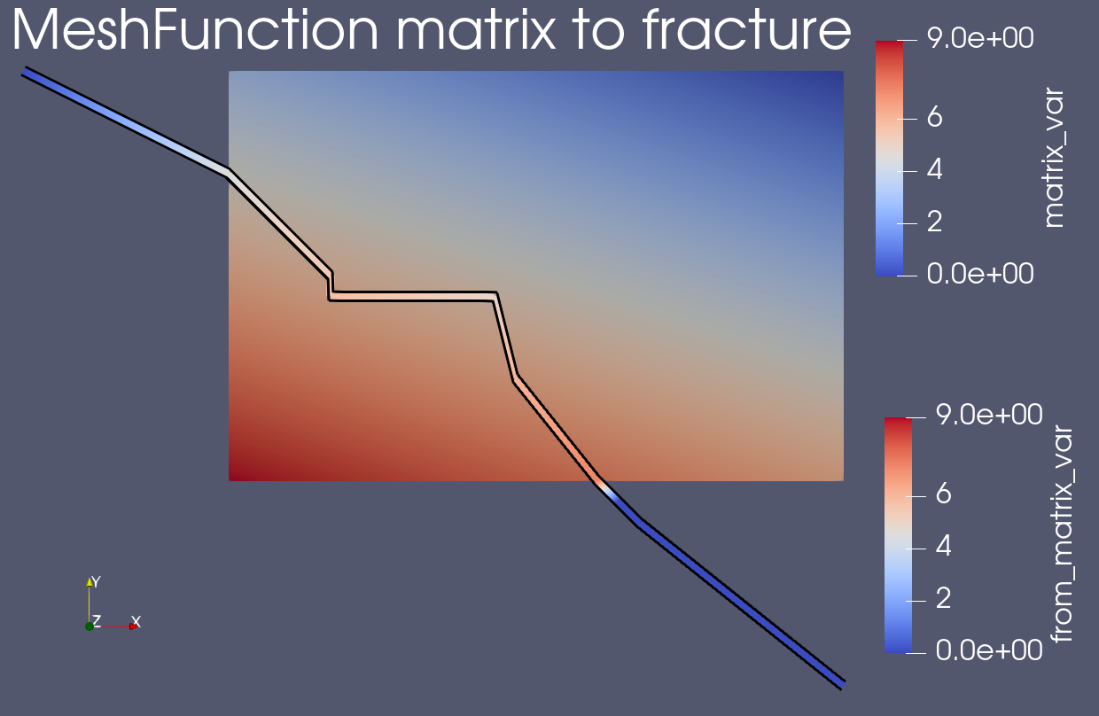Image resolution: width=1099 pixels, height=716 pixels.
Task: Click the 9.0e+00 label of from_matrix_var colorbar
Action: pos(986,417)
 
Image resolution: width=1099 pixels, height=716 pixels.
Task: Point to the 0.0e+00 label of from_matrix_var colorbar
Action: pos(986,651)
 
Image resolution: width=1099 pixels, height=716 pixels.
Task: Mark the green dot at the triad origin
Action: pos(90,626)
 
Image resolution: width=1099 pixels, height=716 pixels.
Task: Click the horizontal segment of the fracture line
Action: pos(412,296)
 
